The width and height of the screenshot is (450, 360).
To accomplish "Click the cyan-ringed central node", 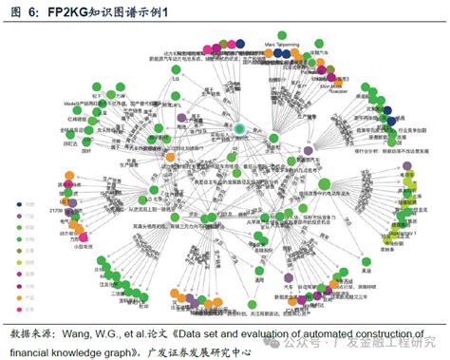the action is (240, 128).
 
